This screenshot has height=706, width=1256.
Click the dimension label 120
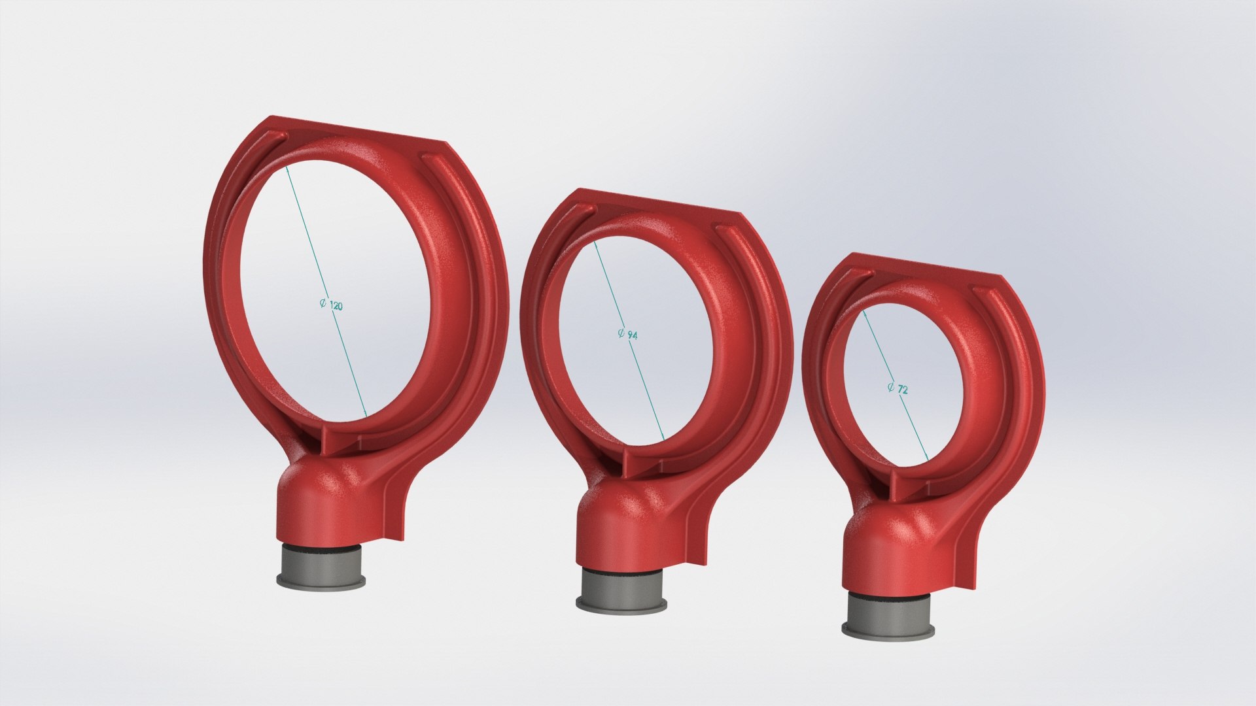click(336, 306)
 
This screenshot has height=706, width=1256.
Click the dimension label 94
click(632, 335)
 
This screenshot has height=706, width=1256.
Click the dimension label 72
click(902, 390)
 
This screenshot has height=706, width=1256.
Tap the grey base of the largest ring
click(320, 565)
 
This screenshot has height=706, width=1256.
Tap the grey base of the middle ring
click(620, 588)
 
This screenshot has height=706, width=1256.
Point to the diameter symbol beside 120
click(323, 304)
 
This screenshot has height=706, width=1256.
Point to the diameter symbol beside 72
click(891, 387)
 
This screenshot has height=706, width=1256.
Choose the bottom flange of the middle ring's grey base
click(620, 605)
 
